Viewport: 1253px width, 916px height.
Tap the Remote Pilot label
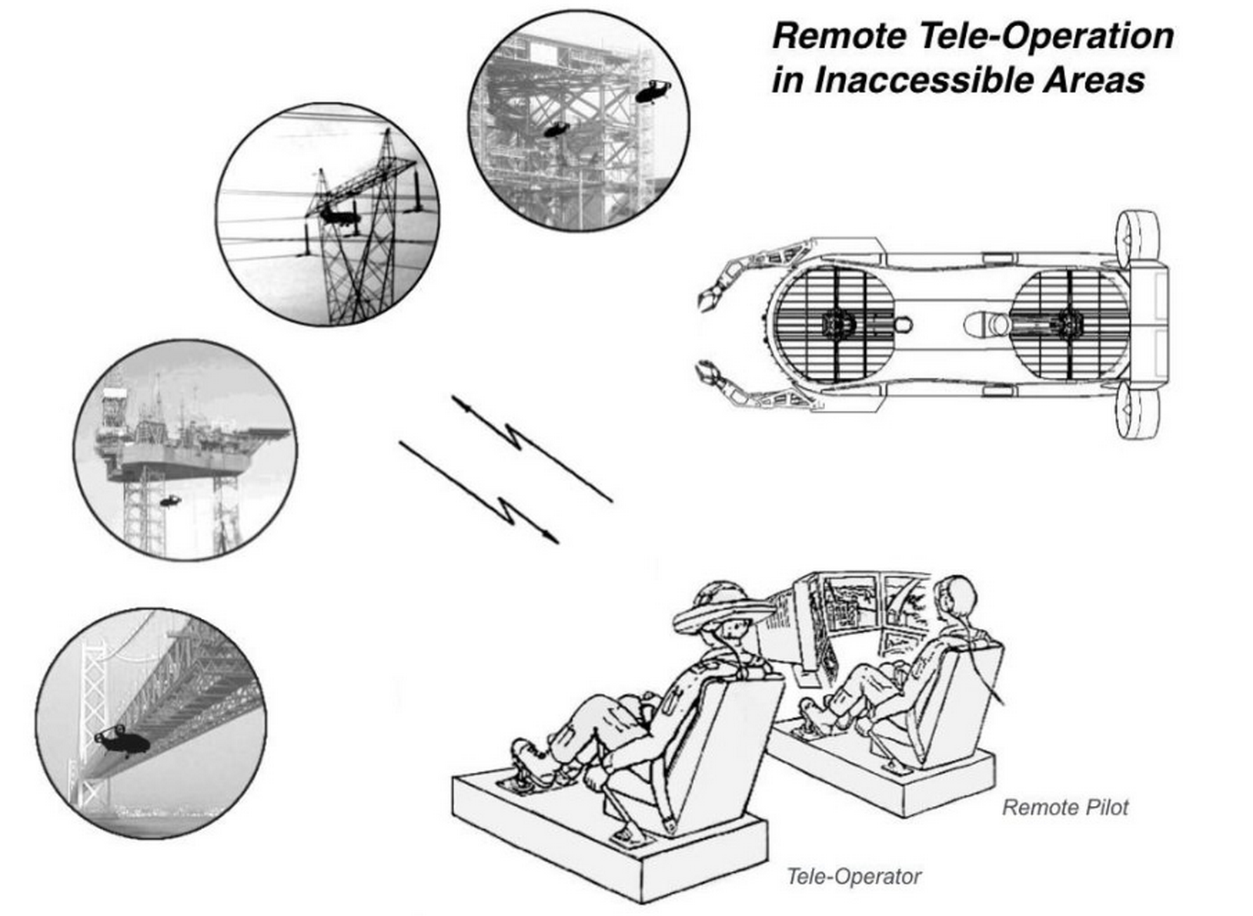(x=1064, y=807)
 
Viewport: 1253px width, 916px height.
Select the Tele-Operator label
(x=854, y=876)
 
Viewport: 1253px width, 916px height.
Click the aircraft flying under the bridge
(x=123, y=742)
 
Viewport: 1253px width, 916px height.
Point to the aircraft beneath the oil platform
(x=170, y=501)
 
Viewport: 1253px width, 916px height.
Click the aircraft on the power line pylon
(x=339, y=216)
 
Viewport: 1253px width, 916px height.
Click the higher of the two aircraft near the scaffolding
(x=653, y=91)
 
